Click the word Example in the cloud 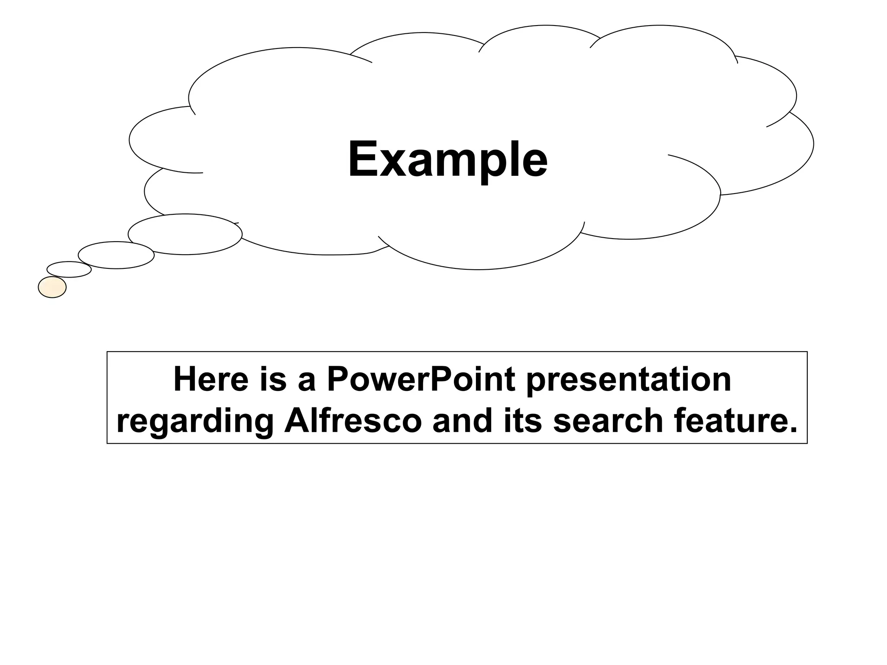(x=447, y=159)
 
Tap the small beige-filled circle (x=52, y=287)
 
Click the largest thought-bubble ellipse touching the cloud (x=185, y=234)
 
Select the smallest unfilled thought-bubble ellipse (x=69, y=269)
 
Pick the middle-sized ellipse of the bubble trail (x=116, y=255)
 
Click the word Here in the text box (x=210, y=379)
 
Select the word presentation (x=628, y=379)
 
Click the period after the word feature (x=793, y=430)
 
